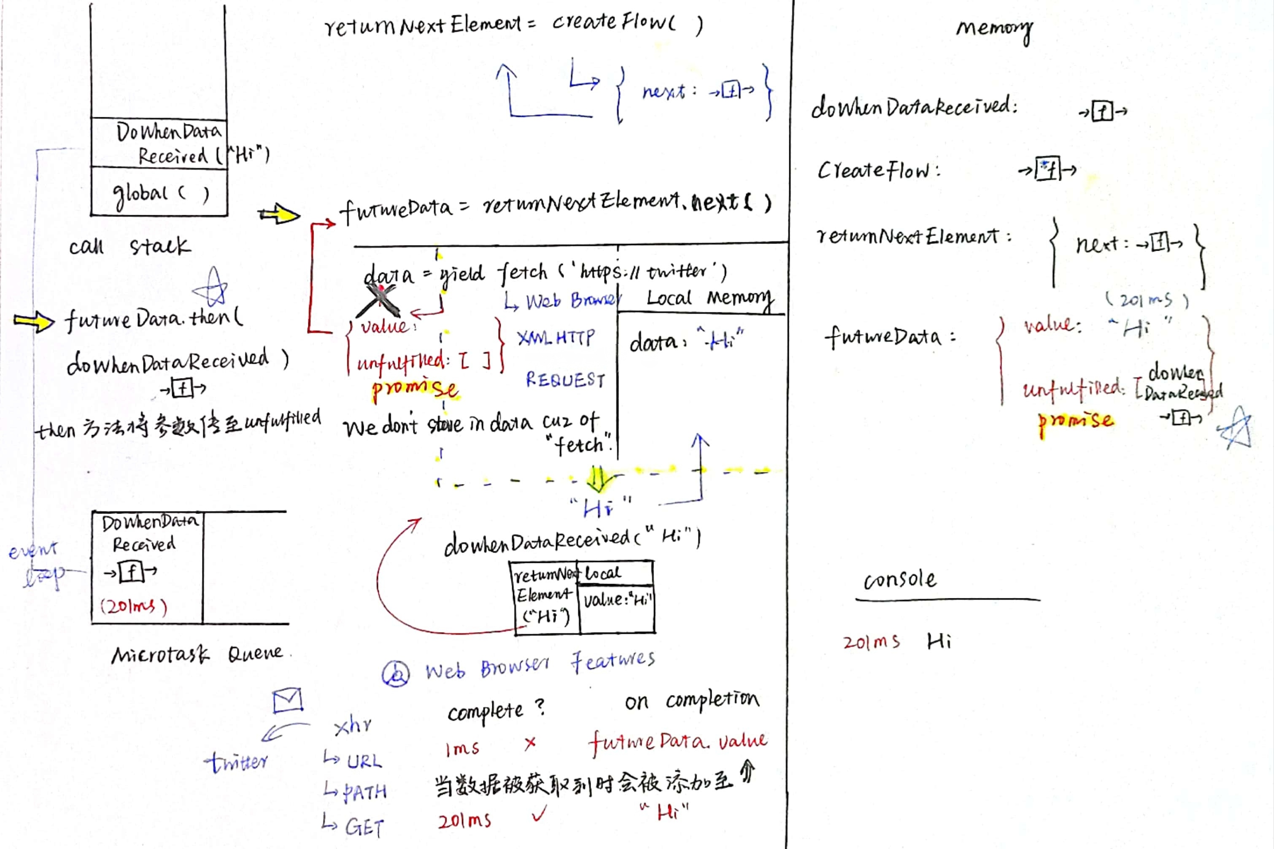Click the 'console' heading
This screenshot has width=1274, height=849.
(x=899, y=580)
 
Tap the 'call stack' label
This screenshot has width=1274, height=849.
(x=130, y=246)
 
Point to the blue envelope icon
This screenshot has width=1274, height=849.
(x=287, y=700)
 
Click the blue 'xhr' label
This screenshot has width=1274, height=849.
(x=353, y=725)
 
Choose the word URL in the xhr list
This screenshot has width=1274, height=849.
(x=364, y=762)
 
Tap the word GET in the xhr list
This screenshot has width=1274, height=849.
(x=364, y=827)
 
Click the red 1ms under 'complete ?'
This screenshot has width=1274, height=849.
(x=462, y=749)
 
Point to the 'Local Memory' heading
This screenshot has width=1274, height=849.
(x=709, y=298)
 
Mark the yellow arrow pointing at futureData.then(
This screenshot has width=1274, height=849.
(x=34, y=321)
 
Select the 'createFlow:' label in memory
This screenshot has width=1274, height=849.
(x=879, y=170)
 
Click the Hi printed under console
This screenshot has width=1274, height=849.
(x=939, y=641)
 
